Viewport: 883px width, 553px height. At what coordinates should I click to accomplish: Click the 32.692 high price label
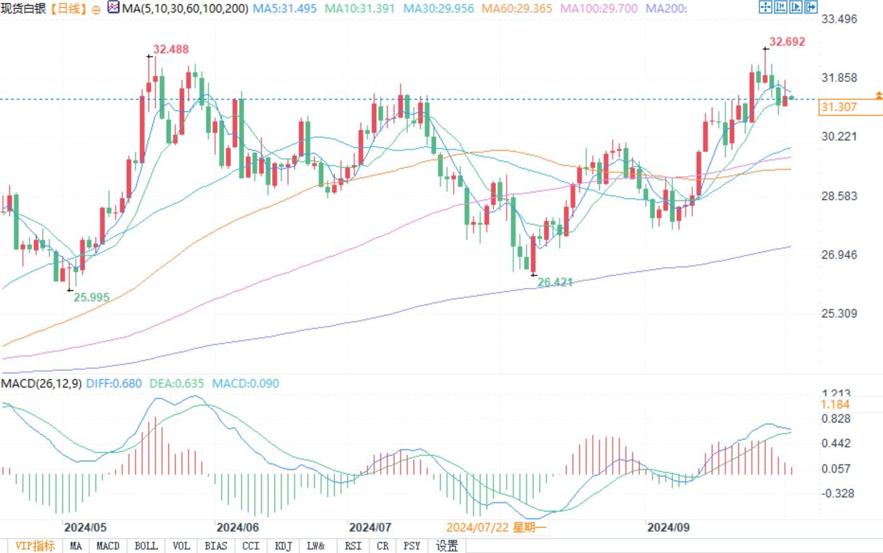tap(787, 42)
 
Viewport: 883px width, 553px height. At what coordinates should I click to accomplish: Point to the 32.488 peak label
tap(170, 49)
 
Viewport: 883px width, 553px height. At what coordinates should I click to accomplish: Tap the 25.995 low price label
tap(92, 297)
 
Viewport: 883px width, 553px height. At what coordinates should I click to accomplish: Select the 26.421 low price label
tap(555, 282)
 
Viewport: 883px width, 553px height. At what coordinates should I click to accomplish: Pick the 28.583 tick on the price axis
tap(839, 196)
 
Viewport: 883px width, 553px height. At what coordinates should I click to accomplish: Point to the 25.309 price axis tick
tap(839, 313)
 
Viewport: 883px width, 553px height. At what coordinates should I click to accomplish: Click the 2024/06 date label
tap(237, 527)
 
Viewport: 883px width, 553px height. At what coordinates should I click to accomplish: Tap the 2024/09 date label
tap(668, 527)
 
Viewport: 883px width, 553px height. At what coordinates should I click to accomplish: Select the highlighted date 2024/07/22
tap(496, 527)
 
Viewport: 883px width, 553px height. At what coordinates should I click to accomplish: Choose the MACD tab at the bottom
tap(108, 546)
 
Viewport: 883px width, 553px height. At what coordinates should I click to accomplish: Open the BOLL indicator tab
tap(146, 546)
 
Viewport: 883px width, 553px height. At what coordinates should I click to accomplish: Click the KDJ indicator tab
tap(283, 546)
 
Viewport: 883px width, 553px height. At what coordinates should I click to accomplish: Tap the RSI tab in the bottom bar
tap(353, 546)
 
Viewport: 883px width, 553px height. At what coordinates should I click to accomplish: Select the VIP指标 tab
tap(35, 546)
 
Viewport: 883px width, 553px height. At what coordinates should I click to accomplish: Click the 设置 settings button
tap(447, 546)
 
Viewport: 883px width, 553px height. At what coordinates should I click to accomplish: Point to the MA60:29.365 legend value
tap(516, 9)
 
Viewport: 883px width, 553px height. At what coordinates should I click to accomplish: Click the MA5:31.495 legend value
tap(285, 9)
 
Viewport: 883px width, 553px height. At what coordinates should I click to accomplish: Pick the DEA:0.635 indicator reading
tap(177, 383)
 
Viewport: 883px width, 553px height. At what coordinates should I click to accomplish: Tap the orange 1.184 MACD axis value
tap(836, 404)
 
